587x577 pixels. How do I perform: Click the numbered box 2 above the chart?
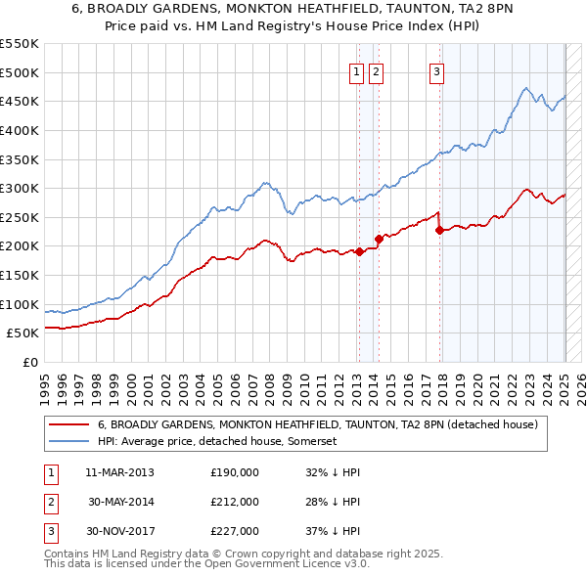376,70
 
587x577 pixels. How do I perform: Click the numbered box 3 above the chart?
436,70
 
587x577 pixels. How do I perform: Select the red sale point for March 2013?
359,251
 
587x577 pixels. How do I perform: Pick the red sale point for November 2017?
439,230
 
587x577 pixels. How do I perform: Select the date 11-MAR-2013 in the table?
119,472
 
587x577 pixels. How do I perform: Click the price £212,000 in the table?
235,502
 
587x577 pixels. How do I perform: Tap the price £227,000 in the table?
235,531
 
